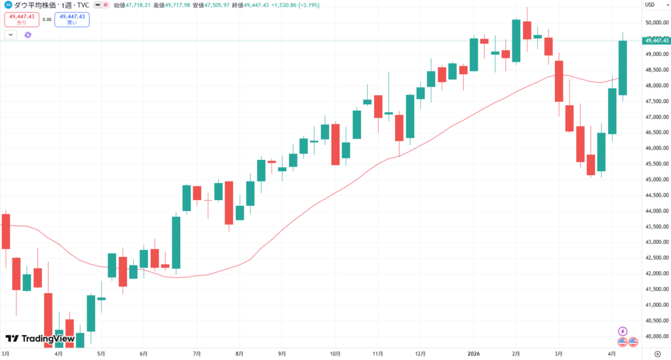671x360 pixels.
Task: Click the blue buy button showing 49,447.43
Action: pyautogui.click(x=72, y=19)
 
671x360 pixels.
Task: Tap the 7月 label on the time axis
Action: pyautogui.click(x=196, y=353)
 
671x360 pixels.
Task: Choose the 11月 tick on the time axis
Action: pyautogui.click(x=377, y=353)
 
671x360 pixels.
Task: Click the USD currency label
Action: pyautogui.click(x=650, y=5)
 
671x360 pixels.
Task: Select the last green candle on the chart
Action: pyautogui.click(x=623, y=68)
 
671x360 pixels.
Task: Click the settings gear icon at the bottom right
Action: pyautogui.click(x=657, y=353)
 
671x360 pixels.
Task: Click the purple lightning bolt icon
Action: pyautogui.click(x=623, y=331)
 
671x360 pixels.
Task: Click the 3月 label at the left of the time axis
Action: pyautogui.click(x=6, y=353)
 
